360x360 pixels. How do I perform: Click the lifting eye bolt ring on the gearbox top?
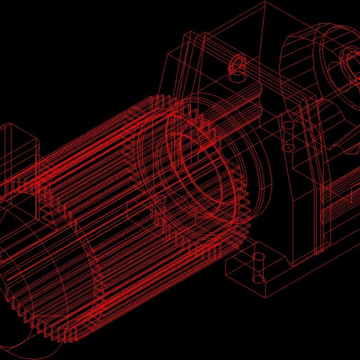click(x=237, y=63)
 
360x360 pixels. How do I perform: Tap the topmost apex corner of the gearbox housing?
click(x=264, y=3)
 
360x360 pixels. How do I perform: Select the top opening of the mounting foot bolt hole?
click(x=259, y=257)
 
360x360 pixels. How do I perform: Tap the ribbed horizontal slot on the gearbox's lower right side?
click(x=342, y=184)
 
